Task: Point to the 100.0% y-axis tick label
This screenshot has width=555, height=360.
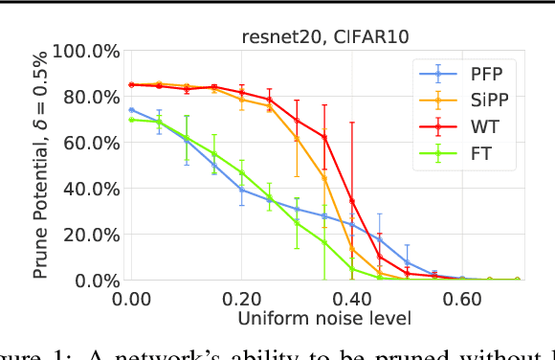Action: (x=85, y=51)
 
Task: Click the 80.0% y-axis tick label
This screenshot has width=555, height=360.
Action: (x=89, y=97)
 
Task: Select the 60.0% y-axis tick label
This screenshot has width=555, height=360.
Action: (x=89, y=143)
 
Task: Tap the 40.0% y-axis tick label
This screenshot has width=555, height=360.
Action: (x=89, y=189)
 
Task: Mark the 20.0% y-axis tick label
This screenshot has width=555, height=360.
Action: (x=89, y=235)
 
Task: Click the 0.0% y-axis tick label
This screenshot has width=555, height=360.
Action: (x=95, y=281)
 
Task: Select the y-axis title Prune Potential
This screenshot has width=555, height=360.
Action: (x=42, y=165)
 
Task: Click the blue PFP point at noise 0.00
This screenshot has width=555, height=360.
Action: (x=131, y=110)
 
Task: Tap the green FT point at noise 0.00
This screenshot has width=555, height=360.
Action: (x=131, y=120)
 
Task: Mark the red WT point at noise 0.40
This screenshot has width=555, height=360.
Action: (x=352, y=200)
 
